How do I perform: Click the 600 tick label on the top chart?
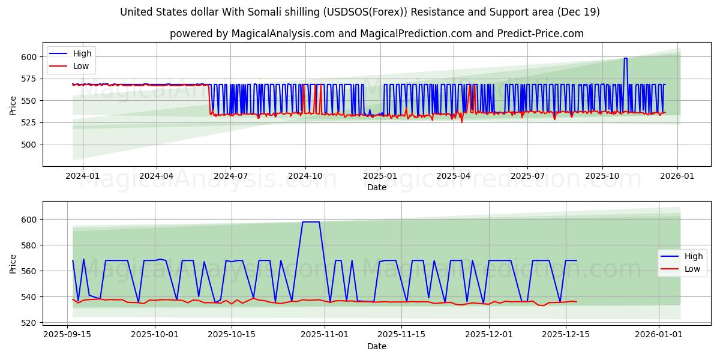pyautogui.click(x=29, y=57)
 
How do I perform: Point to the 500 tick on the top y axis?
pyautogui.click(x=29, y=145)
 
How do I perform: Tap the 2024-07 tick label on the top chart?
pyautogui.click(x=230, y=176)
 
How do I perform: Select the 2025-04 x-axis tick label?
pyautogui.click(x=453, y=176)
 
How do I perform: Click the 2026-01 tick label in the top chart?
pyautogui.click(x=677, y=176)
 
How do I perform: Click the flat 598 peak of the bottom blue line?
pyautogui.click(x=311, y=222)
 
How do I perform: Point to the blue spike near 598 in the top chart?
pyautogui.click(x=625, y=58)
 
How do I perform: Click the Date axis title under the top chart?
pyautogui.click(x=376, y=187)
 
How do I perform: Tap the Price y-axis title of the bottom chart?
pyautogui.click(x=13, y=263)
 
